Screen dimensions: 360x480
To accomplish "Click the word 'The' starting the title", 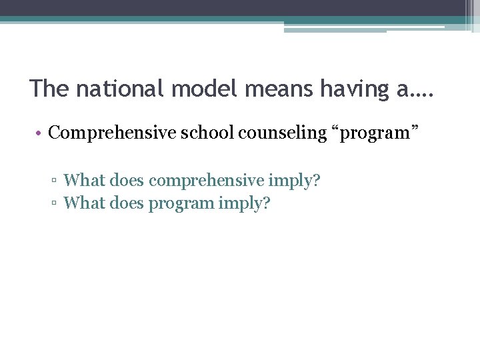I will (49, 89).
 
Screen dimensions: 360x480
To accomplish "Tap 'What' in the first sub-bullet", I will (82, 180).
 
